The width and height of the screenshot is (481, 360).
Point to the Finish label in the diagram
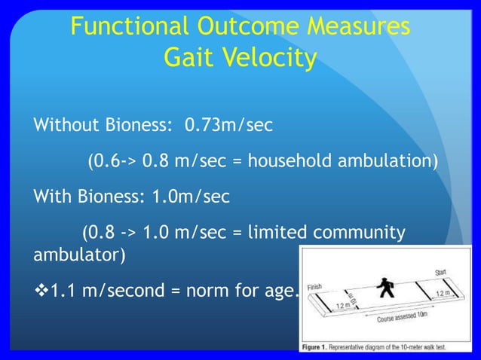tap(315, 286)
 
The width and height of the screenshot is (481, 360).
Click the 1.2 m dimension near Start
tap(444, 291)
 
